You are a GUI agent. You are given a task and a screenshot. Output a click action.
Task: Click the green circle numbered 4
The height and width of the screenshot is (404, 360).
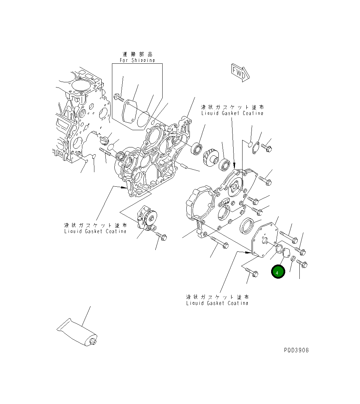278,272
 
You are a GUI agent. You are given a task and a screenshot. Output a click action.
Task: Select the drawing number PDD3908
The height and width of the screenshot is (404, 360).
296,350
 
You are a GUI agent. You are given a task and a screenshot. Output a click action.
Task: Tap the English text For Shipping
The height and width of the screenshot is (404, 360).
137,60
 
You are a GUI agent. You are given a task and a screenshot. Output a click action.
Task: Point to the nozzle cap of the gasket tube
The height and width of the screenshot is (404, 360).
93,341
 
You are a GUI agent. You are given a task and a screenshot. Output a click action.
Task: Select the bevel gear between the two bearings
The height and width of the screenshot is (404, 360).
210,158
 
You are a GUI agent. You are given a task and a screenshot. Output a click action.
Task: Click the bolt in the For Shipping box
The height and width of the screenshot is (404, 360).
119,98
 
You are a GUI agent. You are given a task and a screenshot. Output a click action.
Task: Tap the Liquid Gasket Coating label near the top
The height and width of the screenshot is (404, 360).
233,113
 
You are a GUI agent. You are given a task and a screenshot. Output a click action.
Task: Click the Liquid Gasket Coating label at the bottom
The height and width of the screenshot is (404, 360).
217,303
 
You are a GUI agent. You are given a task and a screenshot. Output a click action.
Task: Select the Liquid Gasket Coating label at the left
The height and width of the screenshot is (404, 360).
95,231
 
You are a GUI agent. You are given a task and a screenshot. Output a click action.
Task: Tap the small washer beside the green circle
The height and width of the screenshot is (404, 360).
293,259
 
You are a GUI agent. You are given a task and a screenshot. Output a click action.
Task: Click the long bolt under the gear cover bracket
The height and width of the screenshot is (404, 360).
218,242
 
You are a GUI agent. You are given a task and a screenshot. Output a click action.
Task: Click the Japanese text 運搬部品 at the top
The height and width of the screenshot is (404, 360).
137,54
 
